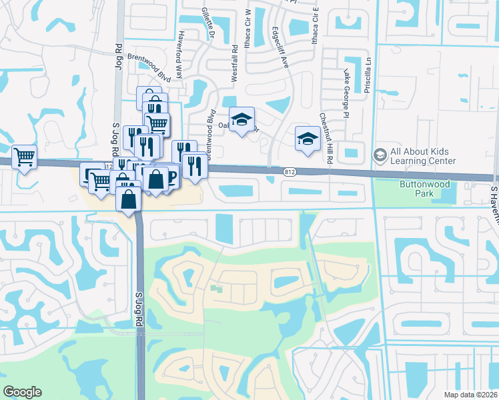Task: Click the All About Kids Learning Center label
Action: click(424, 156)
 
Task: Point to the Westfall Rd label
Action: click(234, 64)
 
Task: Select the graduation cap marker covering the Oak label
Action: click(241, 119)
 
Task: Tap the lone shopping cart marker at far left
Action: click(24, 157)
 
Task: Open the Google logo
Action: click(22, 392)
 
